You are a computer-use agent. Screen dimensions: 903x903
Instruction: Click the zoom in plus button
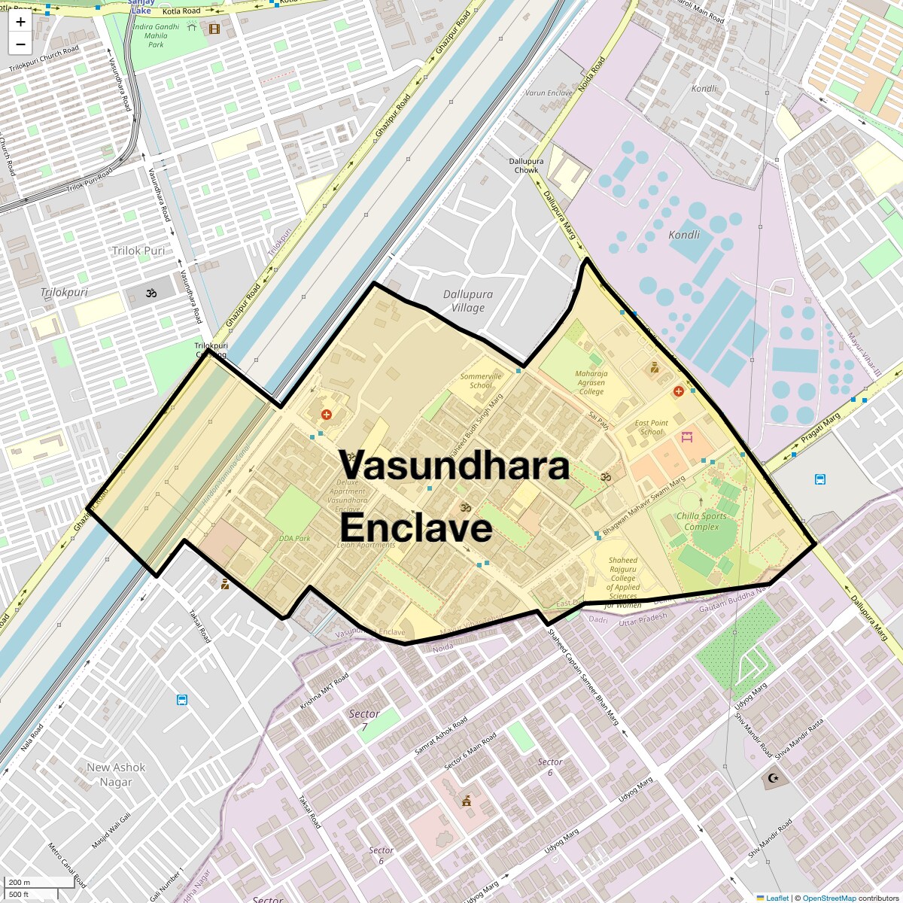(20, 22)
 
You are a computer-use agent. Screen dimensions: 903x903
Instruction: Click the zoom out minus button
(20, 44)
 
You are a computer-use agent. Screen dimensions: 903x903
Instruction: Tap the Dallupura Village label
(468, 301)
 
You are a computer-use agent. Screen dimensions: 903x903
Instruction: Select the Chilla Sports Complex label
(701, 521)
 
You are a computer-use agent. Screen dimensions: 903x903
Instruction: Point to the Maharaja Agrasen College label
(591, 382)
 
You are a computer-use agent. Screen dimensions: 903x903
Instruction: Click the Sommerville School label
(480, 381)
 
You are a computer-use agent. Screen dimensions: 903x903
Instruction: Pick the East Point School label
(652, 427)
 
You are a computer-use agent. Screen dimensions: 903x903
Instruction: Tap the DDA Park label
(294, 539)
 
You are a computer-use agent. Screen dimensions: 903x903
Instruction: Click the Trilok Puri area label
(138, 251)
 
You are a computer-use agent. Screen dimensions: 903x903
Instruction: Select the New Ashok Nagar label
(116, 774)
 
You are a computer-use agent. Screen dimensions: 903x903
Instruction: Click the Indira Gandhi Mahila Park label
(157, 35)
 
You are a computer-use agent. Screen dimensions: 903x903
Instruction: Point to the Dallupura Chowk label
(526, 166)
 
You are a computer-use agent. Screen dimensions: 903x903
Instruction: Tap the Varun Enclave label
(549, 93)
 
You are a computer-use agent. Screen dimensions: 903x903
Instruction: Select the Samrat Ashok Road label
(441, 736)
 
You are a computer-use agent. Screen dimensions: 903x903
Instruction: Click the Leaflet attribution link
(777, 898)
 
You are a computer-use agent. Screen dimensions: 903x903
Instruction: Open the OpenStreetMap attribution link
(829, 898)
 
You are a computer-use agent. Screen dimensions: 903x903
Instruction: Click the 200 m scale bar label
(20, 882)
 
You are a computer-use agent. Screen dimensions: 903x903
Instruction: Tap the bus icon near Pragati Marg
(820, 479)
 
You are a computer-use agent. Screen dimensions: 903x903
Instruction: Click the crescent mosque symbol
(772, 778)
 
